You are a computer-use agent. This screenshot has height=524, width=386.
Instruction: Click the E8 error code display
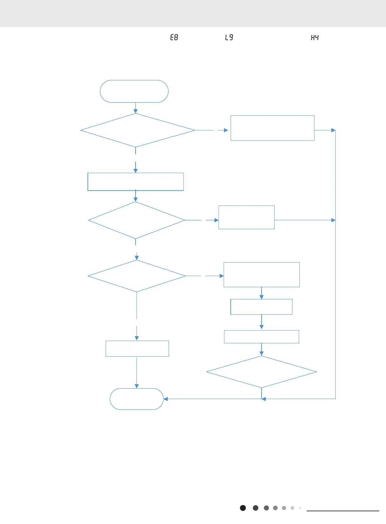tap(174, 37)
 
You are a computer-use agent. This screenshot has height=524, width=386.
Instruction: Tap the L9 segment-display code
tap(229, 37)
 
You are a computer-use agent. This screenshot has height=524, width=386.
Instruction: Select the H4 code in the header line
tap(315, 38)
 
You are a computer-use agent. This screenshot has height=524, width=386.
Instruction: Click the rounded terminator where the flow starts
tap(134, 91)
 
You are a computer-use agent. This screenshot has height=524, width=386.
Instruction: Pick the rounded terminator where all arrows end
tap(137, 399)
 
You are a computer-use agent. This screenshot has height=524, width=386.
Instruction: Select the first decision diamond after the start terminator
tap(137, 130)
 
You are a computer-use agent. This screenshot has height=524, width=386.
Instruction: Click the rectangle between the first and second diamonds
tap(136, 182)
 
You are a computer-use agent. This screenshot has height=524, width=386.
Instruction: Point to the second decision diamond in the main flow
tap(137, 220)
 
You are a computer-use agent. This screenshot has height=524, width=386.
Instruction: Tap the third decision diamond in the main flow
tap(137, 276)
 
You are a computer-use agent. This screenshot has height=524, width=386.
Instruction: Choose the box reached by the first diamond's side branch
tap(272, 128)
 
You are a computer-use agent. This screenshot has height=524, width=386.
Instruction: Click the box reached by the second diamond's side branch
tap(246, 217)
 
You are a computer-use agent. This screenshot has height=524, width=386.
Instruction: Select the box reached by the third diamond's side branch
tap(262, 275)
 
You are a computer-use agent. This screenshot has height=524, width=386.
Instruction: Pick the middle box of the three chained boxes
tap(261, 307)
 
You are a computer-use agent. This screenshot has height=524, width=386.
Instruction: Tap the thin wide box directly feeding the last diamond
tap(262, 337)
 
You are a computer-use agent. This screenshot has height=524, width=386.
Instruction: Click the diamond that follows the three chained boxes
tap(261, 372)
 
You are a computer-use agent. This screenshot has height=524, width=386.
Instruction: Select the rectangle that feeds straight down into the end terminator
tap(137, 348)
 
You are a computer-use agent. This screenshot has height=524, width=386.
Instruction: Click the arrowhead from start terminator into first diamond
tap(136, 111)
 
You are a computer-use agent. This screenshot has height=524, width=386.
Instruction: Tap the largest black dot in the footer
tap(243, 508)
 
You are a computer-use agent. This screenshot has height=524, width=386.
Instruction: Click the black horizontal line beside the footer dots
tap(343, 511)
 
